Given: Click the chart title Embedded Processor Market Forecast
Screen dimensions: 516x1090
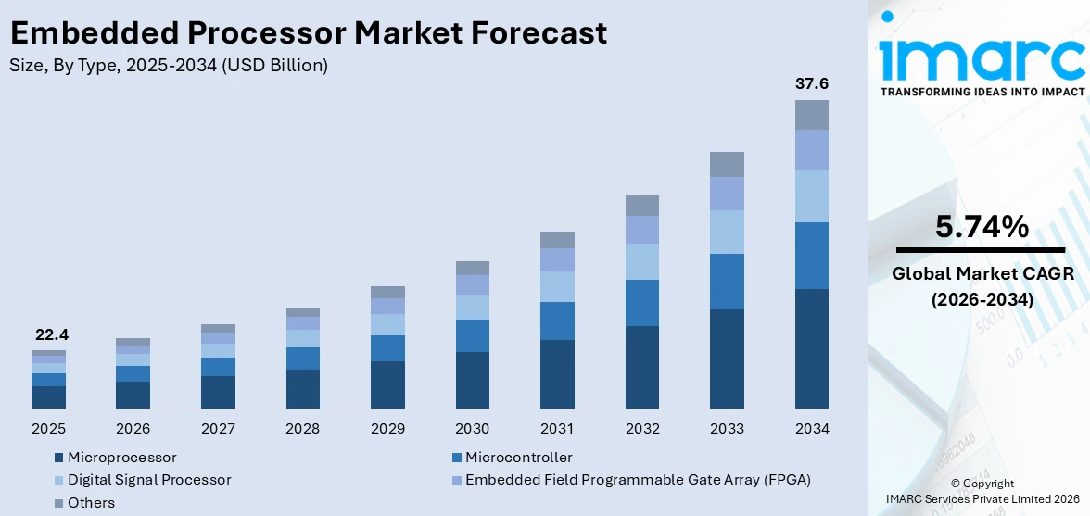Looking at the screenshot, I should pos(309,33).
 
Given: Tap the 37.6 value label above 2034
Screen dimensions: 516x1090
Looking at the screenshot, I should pos(811,84).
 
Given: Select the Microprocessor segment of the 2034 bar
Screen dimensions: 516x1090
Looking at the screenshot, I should pos(811,348).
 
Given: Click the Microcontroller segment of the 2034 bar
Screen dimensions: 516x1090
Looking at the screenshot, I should pos(811,256).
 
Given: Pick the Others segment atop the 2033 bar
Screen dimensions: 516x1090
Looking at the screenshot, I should pos(727,164).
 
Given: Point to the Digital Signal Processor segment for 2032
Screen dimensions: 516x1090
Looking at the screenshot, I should pos(642,261).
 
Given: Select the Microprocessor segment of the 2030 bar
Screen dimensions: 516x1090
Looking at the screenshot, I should pos(473,380).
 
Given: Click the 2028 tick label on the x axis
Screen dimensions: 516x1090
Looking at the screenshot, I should pos(303,429).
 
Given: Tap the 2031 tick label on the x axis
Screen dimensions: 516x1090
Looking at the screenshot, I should pos(557,429).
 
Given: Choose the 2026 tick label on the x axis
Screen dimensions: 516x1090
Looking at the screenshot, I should pos(133,429).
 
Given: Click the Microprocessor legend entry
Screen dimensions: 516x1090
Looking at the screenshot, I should pos(121,458).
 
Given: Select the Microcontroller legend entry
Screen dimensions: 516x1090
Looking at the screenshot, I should pos(518,458).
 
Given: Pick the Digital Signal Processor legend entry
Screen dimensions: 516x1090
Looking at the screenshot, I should pos(149,480).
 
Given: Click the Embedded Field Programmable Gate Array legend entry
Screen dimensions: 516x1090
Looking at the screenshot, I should pos(638,480).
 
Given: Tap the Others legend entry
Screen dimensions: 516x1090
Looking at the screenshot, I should pos(91,503).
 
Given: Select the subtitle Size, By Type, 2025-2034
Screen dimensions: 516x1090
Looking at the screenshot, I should pos(168,66).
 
